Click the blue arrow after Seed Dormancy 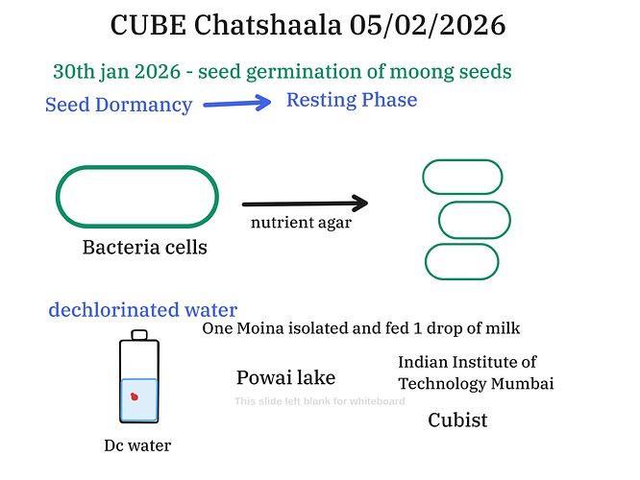point(237,103)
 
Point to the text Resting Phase point(352,100)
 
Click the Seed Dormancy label point(118,105)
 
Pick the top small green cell point(462,178)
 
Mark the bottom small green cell point(461,262)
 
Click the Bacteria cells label point(144,248)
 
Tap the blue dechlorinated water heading point(143,310)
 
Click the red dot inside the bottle point(135,395)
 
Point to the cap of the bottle point(140,335)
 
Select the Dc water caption point(137,445)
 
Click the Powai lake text point(285,377)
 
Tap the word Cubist point(457,420)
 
